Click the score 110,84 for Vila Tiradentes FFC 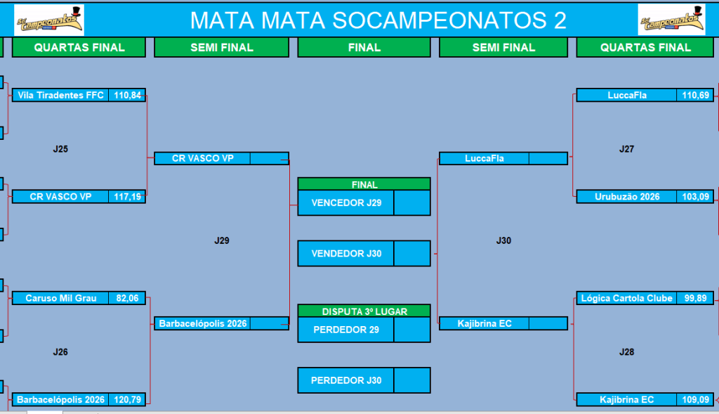coord(128,95)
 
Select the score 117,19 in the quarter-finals coord(128,196)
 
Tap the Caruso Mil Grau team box coord(60,298)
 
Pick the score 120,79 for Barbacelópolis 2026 coord(128,399)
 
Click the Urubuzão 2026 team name coord(627,196)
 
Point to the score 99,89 coord(695,298)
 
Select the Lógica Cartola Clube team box coord(626,298)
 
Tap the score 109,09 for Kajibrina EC coord(695,399)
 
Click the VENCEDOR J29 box coord(346,203)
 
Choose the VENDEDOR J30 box coord(346,253)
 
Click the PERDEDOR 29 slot coord(346,330)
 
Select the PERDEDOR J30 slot coord(346,380)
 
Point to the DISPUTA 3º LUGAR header coord(364,311)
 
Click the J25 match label coord(60,149)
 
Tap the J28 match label coord(626,352)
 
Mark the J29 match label coord(222,240)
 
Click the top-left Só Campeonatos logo coord(49,20)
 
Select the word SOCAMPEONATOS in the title coord(440,20)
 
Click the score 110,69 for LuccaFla coord(695,95)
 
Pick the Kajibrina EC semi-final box coord(484,323)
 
